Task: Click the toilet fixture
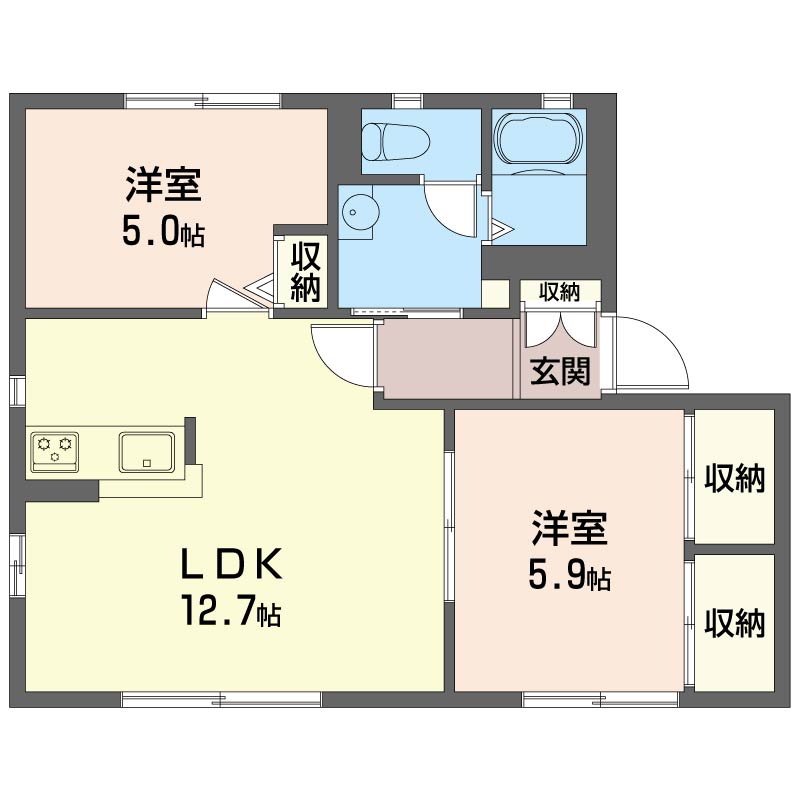pos(395,140)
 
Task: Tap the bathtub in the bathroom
pos(538,139)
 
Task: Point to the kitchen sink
pos(147,451)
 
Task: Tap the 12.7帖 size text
pos(230,610)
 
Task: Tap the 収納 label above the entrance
pos(560,292)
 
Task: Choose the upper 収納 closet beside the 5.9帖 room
pos(734,478)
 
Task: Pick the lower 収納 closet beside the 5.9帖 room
pos(734,622)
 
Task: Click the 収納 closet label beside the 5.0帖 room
pos(305,270)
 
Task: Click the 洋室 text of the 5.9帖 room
pos(570,529)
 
